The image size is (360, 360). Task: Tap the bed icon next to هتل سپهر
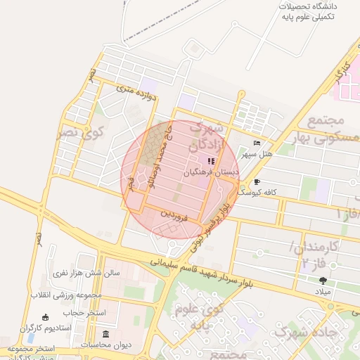pos(257,143)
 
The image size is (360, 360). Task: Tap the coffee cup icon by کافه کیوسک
pos(257,181)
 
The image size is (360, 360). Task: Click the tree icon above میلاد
pos(323,281)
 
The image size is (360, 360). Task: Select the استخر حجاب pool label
pos(84,312)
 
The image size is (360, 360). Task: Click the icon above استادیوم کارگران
pos(46,317)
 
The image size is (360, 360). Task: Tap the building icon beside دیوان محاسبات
pos(105,334)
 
